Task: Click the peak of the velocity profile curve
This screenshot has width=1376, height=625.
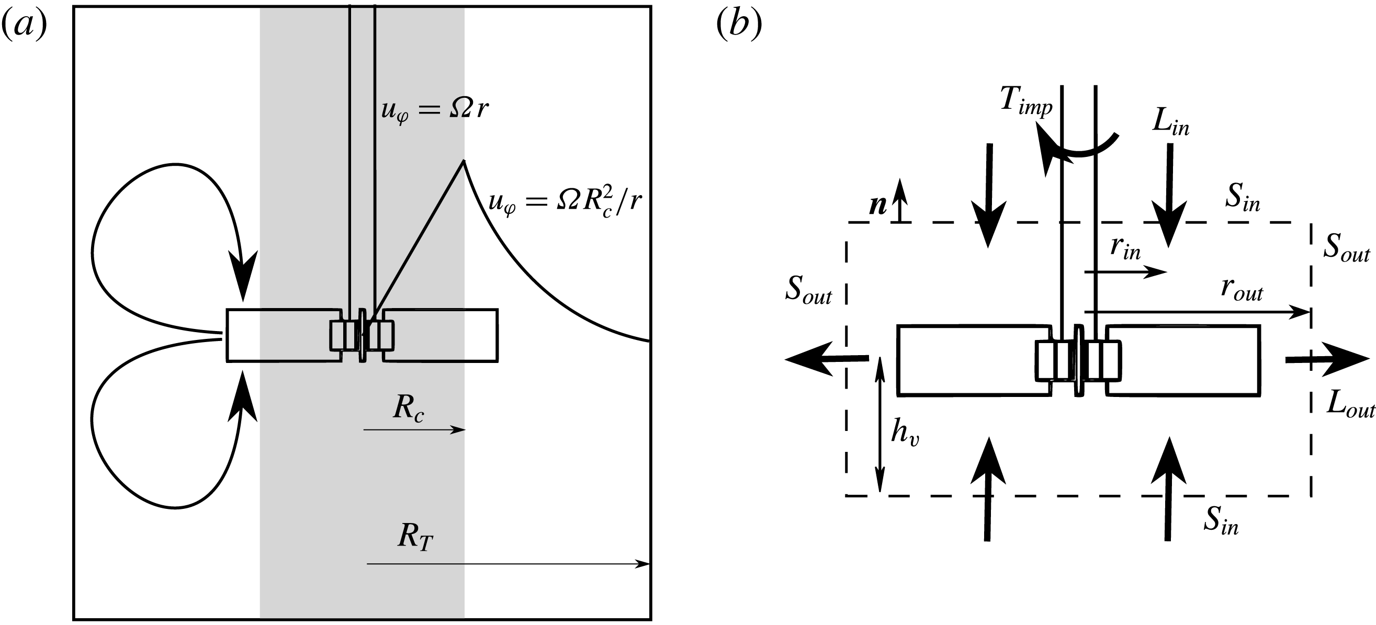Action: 463,161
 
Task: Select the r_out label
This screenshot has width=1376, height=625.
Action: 1242,291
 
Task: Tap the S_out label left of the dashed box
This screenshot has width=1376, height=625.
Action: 808,291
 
